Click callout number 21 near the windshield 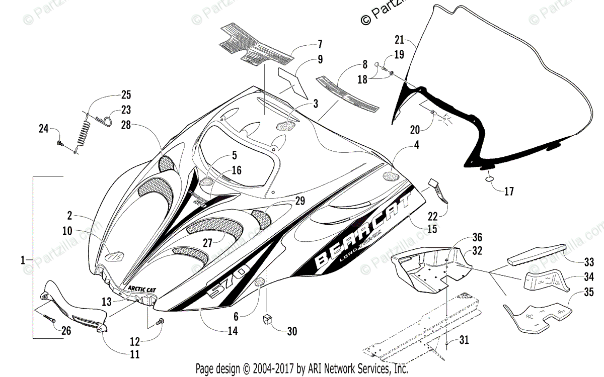400,40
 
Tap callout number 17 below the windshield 509,191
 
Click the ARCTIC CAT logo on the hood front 139,289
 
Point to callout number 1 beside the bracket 23,260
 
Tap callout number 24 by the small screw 44,130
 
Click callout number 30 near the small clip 291,331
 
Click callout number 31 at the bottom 464,340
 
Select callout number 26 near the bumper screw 66,331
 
